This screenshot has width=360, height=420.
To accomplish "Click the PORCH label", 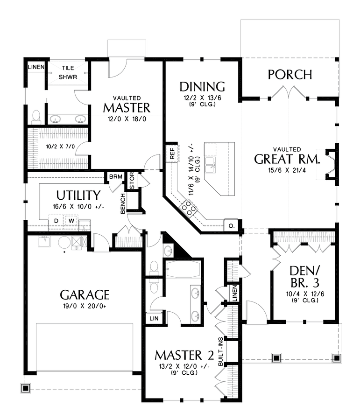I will pyautogui.click(x=290, y=74).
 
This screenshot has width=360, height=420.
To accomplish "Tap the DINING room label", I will pyautogui.click(x=202, y=86).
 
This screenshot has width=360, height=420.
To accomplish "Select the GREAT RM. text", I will pyautogui.click(x=287, y=159).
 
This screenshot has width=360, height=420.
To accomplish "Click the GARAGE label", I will pyautogui.click(x=85, y=295).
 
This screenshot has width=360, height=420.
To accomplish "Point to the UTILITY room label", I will pyautogui.click(x=78, y=195).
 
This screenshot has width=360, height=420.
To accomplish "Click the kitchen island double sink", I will pyautogui.click(x=212, y=163).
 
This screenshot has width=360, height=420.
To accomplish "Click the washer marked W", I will pyautogui.click(x=71, y=220).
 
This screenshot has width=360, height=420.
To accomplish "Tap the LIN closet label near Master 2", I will pyautogui.click(x=154, y=318).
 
